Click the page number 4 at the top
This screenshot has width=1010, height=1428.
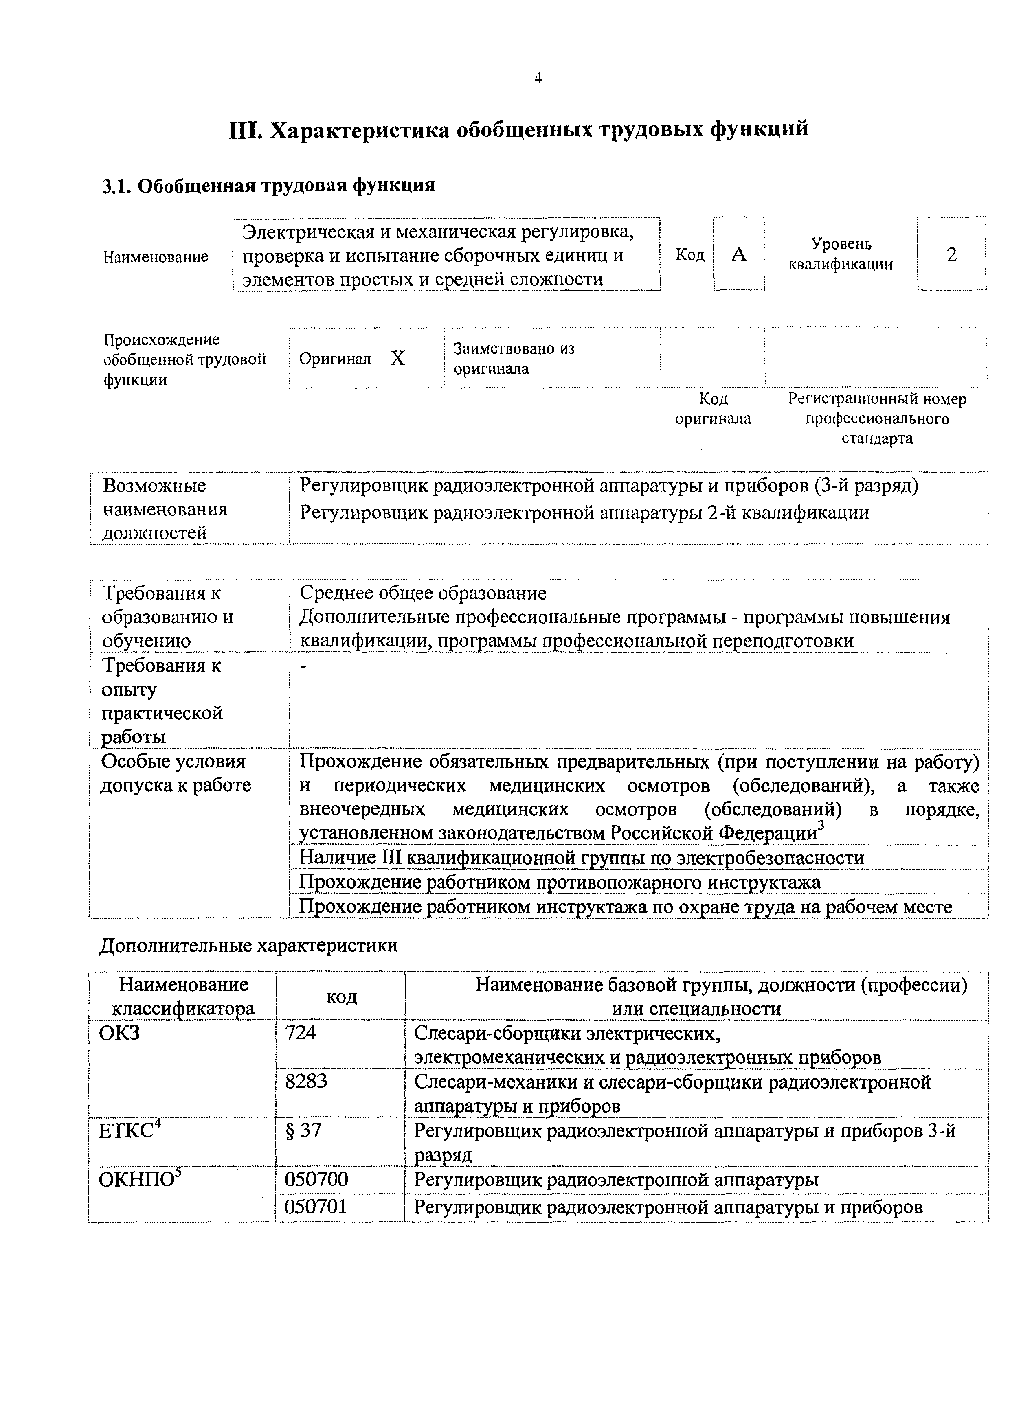(538, 79)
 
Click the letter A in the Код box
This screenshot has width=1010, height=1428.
(739, 254)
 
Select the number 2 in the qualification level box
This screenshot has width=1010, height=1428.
(951, 254)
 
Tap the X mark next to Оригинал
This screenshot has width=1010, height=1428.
(397, 359)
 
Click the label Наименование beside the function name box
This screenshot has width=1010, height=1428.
(156, 256)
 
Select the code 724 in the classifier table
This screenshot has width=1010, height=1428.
(301, 1033)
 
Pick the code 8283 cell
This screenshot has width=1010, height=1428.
(305, 1082)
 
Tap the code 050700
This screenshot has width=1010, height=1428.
(316, 1179)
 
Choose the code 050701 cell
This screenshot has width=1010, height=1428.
(316, 1207)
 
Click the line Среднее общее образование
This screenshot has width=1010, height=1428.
(423, 594)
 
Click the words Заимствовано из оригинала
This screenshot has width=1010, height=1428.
(514, 358)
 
